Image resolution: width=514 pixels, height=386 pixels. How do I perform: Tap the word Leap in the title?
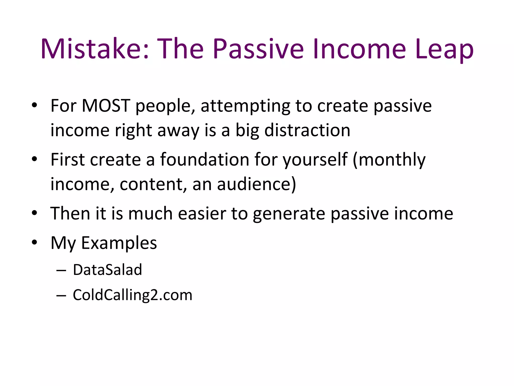444,49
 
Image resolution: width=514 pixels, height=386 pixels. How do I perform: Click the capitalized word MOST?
106,106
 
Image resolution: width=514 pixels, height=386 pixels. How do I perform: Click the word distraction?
307,130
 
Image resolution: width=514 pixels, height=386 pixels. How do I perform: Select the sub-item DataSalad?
107,270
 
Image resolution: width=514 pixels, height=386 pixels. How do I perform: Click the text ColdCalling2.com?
133,295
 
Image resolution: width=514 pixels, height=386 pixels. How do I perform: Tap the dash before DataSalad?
61,270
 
